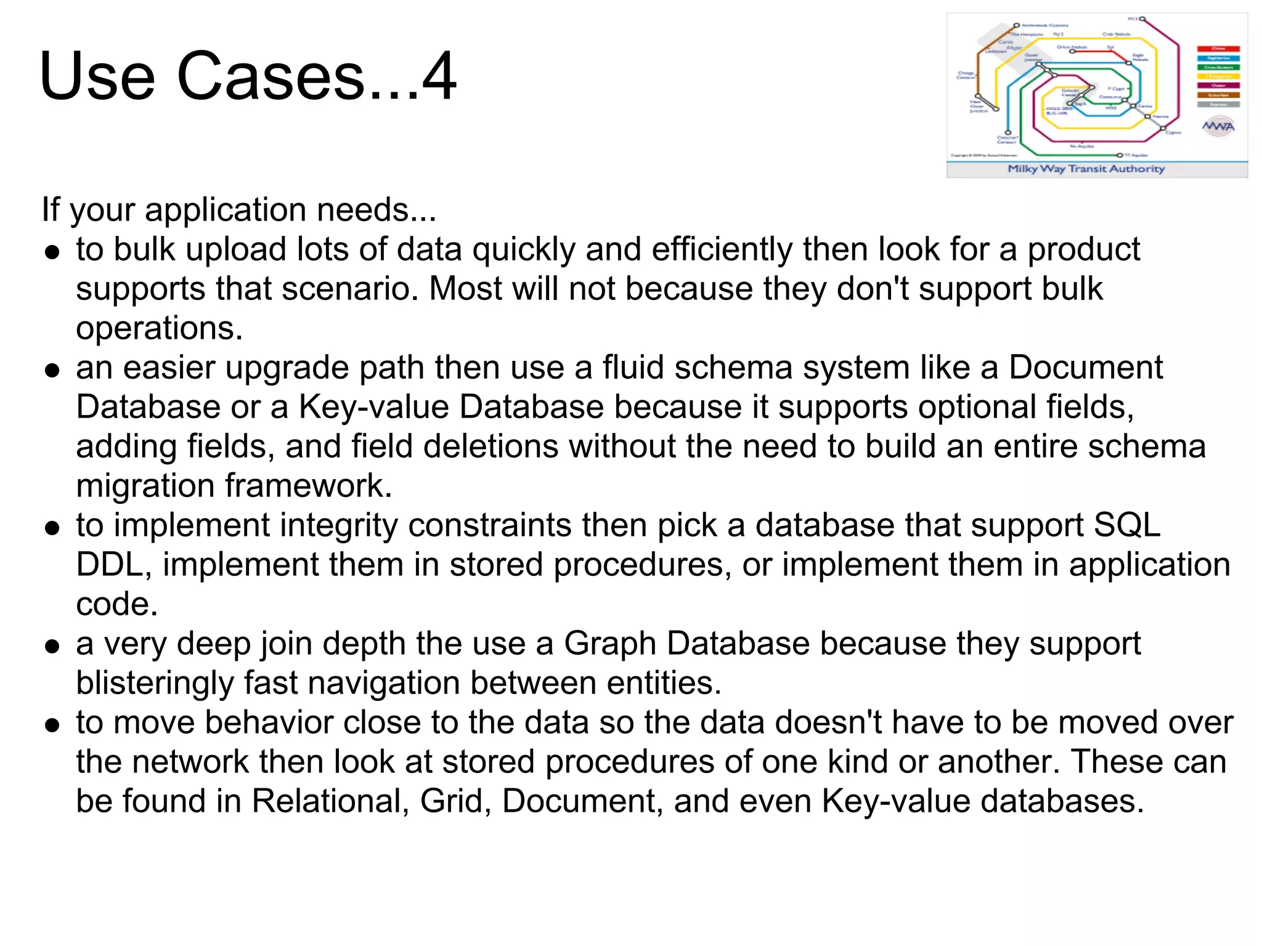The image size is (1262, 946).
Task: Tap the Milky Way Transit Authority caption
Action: [x=1086, y=169]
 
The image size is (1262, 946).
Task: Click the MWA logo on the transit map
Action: [x=1218, y=127]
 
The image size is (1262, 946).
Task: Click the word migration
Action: [x=145, y=486]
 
